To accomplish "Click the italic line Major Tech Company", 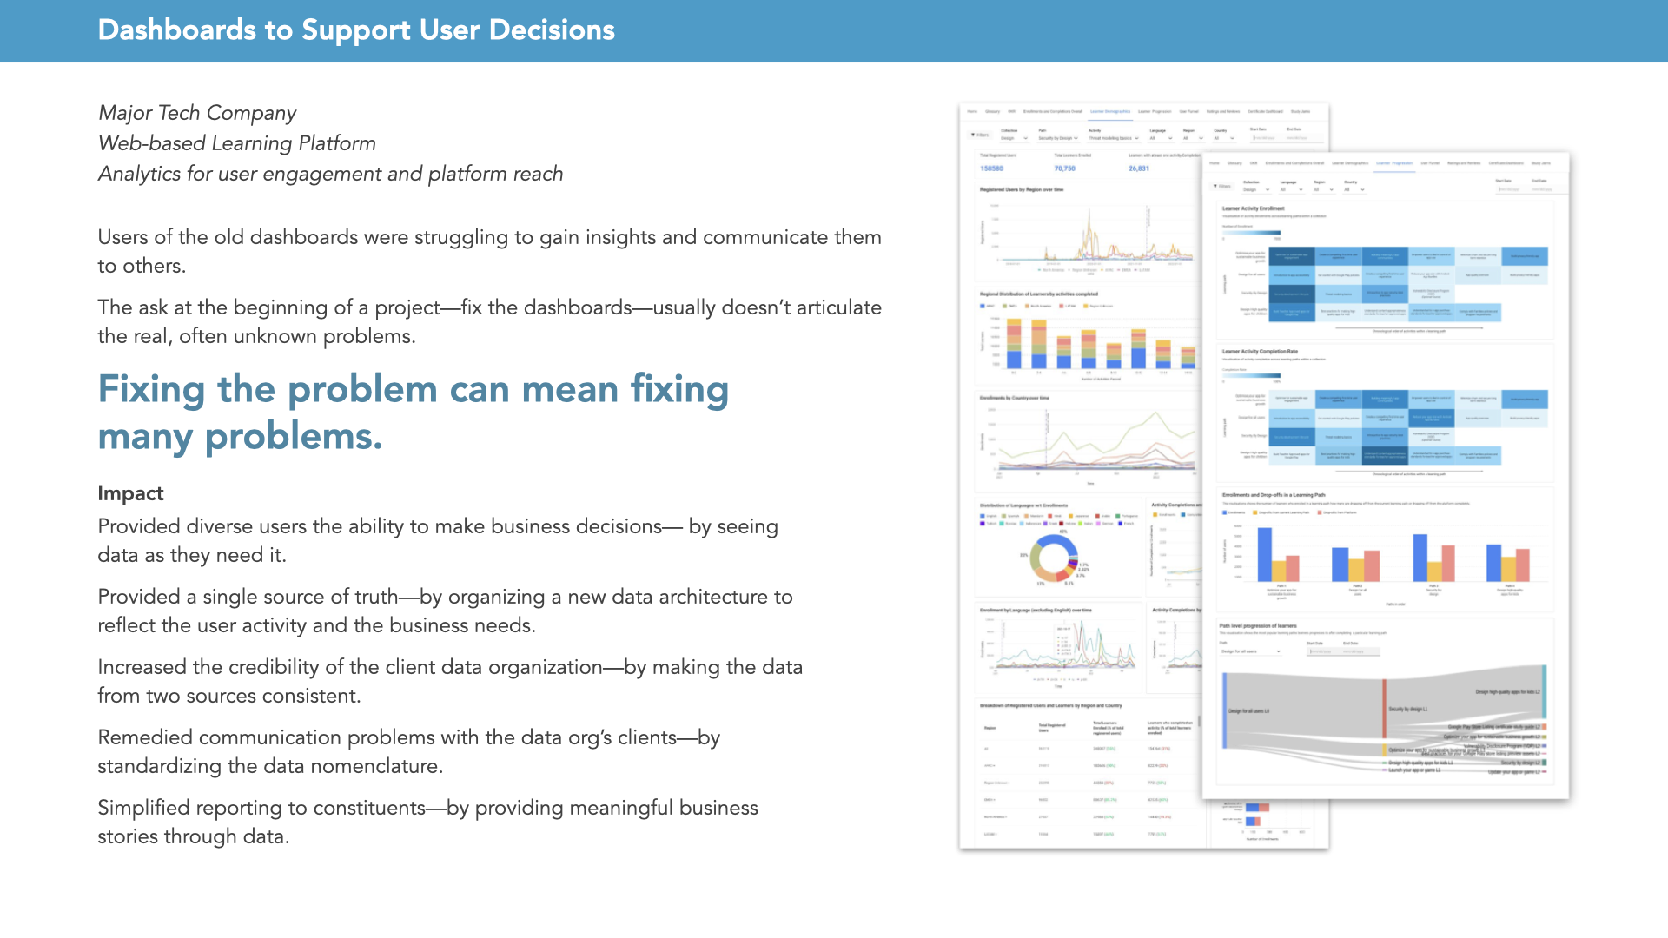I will coord(197,113).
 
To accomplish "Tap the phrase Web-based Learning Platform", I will coord(236,143).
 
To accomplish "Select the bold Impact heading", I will coord(130,493).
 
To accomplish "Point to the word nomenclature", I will coord(376,766).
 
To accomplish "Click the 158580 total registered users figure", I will coord(991,168).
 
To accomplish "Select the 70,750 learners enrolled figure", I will coord(1064,168).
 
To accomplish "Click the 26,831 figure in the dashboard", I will coord(1138,168).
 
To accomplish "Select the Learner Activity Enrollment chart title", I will coord(1253,208).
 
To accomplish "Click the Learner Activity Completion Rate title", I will coord(1260,352).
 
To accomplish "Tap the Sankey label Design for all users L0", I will coord(1248,711).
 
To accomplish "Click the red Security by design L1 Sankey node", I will coord(1385,708).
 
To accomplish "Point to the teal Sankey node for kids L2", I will coord(1544,690).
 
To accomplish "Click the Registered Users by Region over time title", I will coord(1022,189).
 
